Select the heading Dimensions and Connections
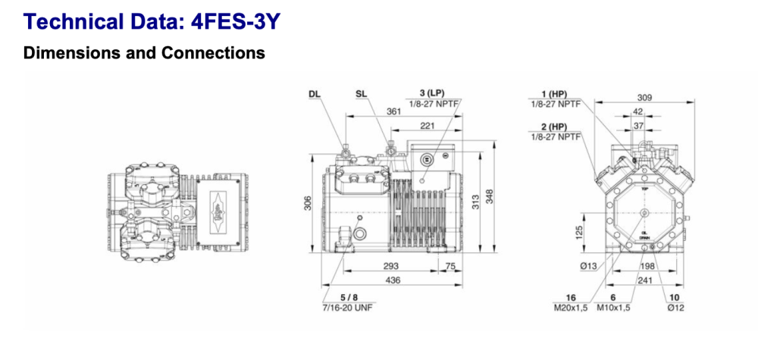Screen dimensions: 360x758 click(x=144, y=53)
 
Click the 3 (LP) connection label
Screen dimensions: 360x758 click(x=432, y=93)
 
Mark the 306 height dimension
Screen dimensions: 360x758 click(x=309, y=204)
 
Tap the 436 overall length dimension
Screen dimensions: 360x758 click(x=393, y=280)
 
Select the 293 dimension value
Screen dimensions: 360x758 click(x=390, y=267)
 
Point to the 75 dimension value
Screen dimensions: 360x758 click(x=449, y=267)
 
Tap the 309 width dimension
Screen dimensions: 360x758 click(x=644, y=97)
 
